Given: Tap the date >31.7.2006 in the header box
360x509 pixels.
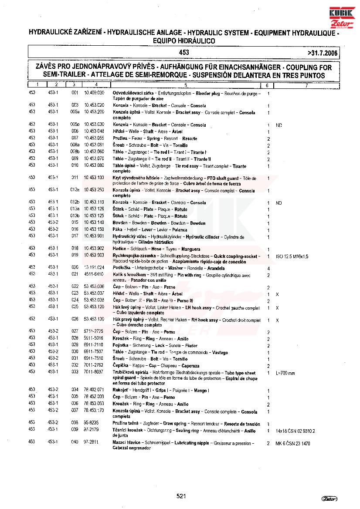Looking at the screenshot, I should click(x=322, y=53).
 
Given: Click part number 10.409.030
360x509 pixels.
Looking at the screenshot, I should click(x=94, y=93).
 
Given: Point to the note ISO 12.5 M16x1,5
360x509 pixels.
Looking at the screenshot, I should click(x=292, y=257).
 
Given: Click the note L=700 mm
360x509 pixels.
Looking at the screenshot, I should click(x=285, y=373).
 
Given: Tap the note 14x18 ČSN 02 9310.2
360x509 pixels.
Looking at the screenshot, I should click(x=295, y=431).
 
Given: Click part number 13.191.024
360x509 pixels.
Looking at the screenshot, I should click(x=94, y=267).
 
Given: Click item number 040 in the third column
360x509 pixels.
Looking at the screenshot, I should click(x=75, y=442).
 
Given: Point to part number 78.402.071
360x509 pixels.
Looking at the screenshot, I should click(x=94, y=390).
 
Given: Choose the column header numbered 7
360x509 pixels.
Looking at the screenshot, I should click(x=306, y=85).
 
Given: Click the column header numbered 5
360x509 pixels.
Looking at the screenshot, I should click(x=185, y=85).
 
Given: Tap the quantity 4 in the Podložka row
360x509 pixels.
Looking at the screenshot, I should click(x=268, y=269).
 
